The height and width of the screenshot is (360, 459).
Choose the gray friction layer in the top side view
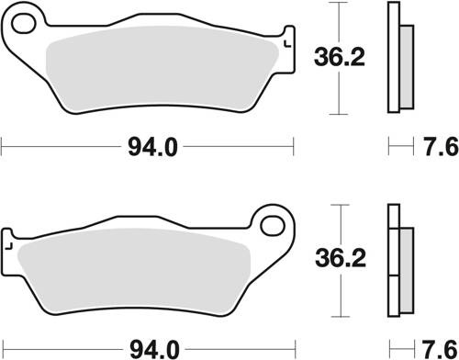(x=404, y=69)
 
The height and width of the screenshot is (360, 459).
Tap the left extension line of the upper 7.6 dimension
(x=389, y=145)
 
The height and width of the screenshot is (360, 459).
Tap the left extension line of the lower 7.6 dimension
(x=389, y=348)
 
